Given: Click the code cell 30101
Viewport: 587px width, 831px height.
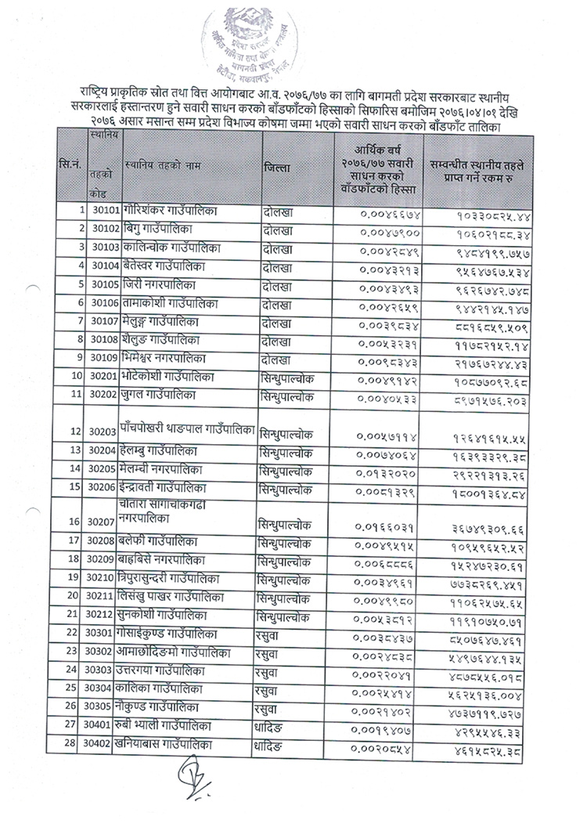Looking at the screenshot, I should tap(104, 211).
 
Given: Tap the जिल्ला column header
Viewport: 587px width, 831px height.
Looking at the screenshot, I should tap(278, 168).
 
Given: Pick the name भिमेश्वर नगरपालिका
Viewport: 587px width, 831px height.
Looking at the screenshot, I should tap(167, 359).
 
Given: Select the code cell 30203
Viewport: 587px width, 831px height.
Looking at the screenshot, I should tap(104, 432).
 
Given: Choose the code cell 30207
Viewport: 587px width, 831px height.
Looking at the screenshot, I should tap(104, 521).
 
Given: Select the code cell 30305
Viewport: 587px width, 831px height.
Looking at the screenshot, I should tap(104, 705).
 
